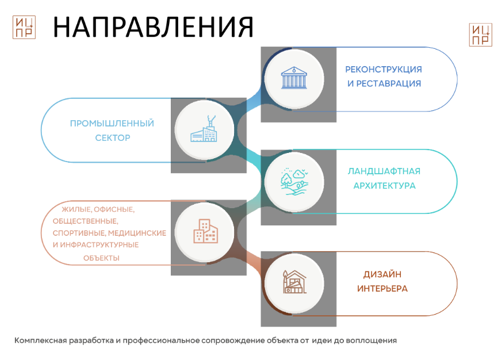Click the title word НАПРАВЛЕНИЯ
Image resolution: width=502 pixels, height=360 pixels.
[x=153, y=27]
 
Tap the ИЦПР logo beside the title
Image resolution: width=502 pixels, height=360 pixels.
[x=24, y=27]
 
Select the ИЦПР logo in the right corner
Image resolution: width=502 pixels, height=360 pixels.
[x=481, y=35]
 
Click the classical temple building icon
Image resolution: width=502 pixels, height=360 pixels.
[x=294, y=78]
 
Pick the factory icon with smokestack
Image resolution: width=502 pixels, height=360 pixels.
[x=204, y=129]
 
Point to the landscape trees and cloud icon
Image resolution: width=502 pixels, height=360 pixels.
[x=294, y=182]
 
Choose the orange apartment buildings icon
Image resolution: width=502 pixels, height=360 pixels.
[x=205, y=231]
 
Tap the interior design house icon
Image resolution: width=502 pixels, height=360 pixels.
[x=294, y=282]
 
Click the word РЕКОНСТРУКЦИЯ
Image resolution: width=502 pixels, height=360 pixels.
[x=384, y=70]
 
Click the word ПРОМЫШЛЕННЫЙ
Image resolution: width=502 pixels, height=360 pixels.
[x=112, y=124]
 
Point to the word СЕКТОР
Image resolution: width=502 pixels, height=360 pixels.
[x=113, y=138]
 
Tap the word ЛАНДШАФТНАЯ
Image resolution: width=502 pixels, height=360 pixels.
[x=384, y=171]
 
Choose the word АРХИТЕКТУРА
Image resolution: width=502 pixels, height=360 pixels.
[x=385, y=186]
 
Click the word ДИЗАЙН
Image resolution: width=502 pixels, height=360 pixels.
[x=382, y=274]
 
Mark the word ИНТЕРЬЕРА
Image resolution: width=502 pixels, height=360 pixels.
[x=382, y=289]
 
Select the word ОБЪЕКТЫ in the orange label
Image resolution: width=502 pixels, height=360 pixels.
[x=101, y=258]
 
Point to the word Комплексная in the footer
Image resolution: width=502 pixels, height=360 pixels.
[x=41, y=340]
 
